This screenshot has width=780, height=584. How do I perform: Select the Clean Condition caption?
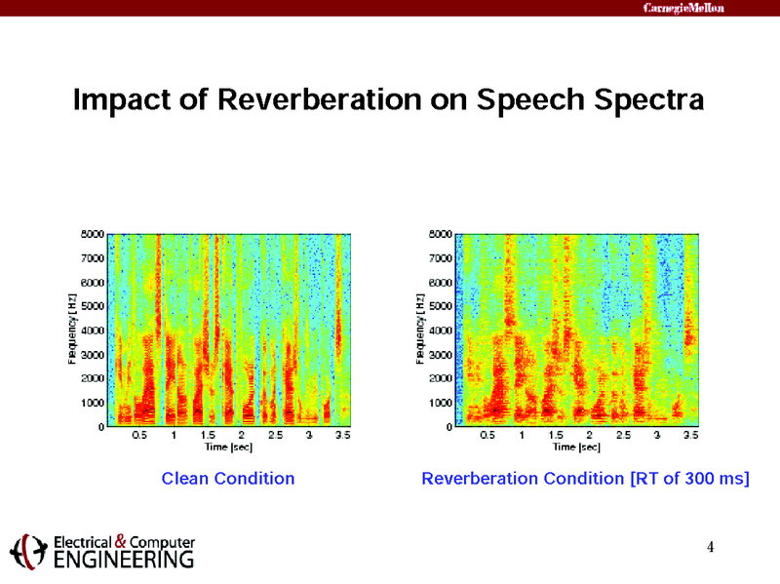coord(227,479)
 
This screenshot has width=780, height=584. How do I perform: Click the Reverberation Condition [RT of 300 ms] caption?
coord(585,479)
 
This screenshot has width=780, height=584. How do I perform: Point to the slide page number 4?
coord(711,546)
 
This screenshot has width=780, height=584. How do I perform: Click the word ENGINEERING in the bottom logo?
coord(123,560)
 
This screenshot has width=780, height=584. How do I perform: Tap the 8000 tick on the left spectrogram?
coord(92,234)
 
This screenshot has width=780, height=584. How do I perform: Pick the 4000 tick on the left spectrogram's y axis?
coord(92,331)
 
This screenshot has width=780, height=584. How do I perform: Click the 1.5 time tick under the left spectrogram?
coord(208,436)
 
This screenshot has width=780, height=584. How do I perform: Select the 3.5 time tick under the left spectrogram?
coord(342,436)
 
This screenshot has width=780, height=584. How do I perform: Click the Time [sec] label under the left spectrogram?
coord(228,448)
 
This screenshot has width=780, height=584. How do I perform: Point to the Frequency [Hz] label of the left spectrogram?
coord(72,330)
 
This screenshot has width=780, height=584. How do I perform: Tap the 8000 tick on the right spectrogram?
coord(440,234)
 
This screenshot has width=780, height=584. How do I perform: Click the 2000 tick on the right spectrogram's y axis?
coord(440,378)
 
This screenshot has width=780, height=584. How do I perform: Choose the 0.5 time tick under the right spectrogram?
coord(487,436)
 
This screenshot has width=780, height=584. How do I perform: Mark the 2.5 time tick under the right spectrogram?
coord(623,436)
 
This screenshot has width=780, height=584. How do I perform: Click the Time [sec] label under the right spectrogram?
coord(576,448)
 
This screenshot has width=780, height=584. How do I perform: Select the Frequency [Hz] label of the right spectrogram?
coord(420,330)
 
